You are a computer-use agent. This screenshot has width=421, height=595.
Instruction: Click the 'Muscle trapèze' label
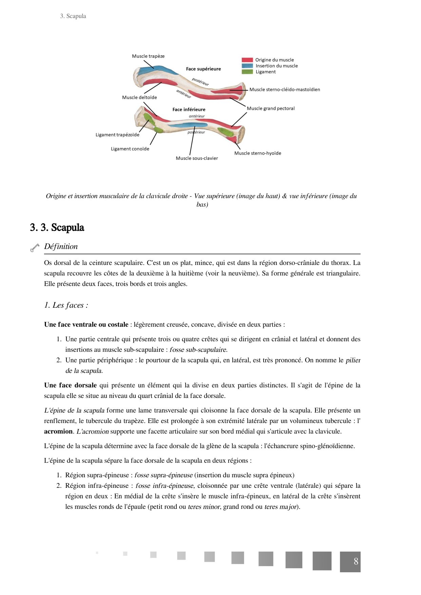pyautogui.click(x=148, y=56)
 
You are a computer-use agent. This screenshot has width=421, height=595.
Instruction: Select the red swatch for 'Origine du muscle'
pyautogui.click(x=247, y=60)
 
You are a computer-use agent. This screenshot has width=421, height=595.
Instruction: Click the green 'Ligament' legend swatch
pyautogui.click(x=247, y=72)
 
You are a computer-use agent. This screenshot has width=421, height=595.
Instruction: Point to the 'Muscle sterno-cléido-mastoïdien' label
pyautogui.click(x=285, y=90)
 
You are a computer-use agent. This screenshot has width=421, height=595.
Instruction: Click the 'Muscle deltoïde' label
pyautogui.click(x=139, y=97)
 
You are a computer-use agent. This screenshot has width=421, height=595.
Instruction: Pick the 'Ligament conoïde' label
pyautogui.click(x=130, y=149)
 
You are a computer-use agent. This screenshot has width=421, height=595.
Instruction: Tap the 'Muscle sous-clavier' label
pyautogui.click(x=197, y=158)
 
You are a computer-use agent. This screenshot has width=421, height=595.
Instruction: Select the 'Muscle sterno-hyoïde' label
pyautogui.click(x=257, y=153)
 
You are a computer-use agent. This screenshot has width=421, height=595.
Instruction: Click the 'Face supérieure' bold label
pyautogui.click(x=203, y=69)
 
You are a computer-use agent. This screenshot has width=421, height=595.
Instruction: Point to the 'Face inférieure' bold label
pyautogui.click(x=189, y=110)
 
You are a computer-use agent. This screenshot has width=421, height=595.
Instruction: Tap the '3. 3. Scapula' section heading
pyautogui.click(x=57, y=228)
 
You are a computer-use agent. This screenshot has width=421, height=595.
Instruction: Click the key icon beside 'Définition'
pyautogui.click(x=35, y=248)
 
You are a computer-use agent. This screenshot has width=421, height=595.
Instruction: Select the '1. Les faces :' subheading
pyautogui.click(x=66, y=305)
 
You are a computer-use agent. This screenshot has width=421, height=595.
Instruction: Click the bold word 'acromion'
pyautogui.click(x=58, y=431)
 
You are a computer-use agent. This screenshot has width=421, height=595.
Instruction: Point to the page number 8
pyautogui.click(x=356, y=561)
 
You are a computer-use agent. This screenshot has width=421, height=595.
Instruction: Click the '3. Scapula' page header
pyautogui.click(x=73, y=16)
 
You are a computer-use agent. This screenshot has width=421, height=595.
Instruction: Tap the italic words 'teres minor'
pyautogui.click(x=204, y=507)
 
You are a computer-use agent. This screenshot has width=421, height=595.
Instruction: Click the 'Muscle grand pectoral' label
pyautogui.click(x=270, y=109)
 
